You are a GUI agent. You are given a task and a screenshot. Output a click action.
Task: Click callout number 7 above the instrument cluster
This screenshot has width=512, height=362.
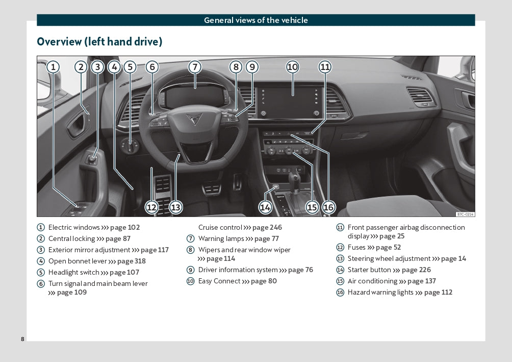tap(194, 67)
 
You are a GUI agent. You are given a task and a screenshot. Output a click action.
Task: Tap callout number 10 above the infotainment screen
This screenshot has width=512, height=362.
tap(292, 67)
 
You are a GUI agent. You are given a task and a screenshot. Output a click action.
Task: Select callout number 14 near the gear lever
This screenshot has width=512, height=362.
tap(265, 207)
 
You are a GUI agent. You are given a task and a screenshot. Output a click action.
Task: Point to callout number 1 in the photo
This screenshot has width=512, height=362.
tap(53, 67)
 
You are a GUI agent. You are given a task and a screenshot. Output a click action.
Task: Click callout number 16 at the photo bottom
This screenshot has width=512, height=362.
tap(328, 207)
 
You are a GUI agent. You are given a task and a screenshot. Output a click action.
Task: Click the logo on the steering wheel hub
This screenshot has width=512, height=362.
tap(193, 120)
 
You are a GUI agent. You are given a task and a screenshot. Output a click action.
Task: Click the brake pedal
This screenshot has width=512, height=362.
tap(212, 189)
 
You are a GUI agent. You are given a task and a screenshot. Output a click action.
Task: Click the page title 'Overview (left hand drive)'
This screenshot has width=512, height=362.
tap(99, 42)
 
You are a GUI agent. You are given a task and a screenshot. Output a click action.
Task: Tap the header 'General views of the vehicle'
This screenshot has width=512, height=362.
tap(255, 20)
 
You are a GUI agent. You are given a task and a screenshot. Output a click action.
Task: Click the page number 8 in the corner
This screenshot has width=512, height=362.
tap(22, 339)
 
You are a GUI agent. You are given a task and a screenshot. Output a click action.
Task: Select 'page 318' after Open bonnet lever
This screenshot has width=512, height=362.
tap(132, 261)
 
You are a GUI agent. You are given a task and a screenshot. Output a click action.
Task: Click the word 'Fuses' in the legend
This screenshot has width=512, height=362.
tap(356, 247)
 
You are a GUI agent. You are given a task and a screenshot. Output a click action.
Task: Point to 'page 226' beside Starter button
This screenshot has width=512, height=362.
tap(416, 270)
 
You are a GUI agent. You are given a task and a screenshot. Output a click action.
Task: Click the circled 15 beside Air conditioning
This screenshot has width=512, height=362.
tap(340, 281)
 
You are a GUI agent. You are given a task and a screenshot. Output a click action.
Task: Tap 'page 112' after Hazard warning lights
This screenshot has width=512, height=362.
tap(438, 292)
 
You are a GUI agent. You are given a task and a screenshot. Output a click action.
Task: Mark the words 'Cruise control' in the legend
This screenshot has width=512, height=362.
tap(220, 227)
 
